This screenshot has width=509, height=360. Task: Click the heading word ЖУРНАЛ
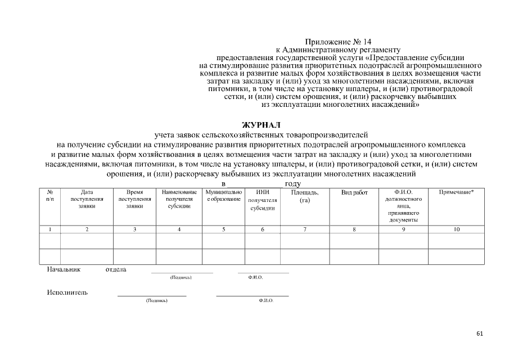(x=260, y=125)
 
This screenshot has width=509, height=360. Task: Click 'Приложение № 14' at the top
(x=338, y=42)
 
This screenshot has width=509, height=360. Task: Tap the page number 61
(x=479, y=334)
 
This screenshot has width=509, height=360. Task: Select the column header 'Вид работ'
(x=354, y=192)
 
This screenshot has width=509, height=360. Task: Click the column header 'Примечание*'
(x=456, y=192)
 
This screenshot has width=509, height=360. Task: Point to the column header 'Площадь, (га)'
(x=305, y=196)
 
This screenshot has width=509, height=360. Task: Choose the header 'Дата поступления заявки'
(x=87, y=199)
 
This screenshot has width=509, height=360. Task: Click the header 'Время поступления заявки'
(x=134, y=199)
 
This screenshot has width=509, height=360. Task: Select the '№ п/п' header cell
(x=49, y=196)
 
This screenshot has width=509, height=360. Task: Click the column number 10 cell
(x=456, y=229)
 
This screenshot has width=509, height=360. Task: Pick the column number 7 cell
(x=305, y=229)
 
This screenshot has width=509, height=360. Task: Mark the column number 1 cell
(x=49, y=229)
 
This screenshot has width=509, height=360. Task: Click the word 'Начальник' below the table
(x=64, y=269)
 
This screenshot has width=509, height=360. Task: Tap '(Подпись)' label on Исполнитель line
(x=156, y=301)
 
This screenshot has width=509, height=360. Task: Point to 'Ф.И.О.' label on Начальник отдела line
(x=255, y=278)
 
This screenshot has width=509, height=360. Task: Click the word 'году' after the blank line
(x=293, y=184)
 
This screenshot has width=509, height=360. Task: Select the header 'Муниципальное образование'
(x=223, y=196)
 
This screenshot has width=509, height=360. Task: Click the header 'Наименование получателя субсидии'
(x=179, y=199)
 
